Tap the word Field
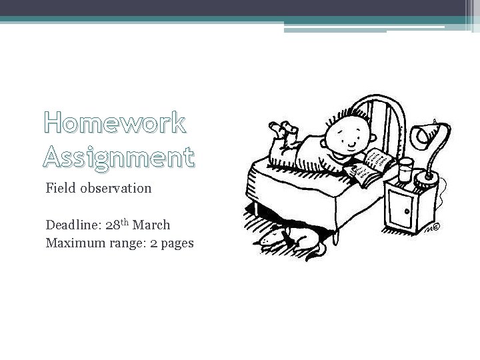coord(61,188)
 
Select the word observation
coord(116,188)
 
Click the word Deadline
coord(73,225)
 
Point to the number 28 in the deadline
coord(113,225)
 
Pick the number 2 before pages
coord(153,243)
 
